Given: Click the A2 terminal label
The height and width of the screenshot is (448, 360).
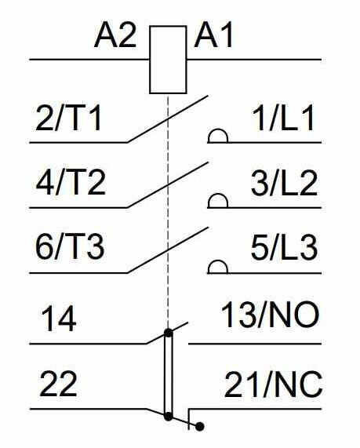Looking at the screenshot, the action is point(115,35).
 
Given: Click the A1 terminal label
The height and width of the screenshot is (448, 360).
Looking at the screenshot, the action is point(213,35).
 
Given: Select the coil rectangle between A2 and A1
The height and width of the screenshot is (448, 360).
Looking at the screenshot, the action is point(169,60).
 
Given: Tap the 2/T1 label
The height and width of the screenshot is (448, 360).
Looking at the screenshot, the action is point(68,118).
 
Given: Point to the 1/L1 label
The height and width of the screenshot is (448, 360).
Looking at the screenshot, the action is point(283,118).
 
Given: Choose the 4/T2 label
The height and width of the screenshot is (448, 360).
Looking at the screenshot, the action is point(71,183).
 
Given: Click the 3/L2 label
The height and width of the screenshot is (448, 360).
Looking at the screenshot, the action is point(284,183).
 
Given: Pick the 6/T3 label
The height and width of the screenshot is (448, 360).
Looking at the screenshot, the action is point(70,247).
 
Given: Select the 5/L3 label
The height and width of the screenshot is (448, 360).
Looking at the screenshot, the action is point(284,247).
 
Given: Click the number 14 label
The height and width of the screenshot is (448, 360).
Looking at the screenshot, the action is point(59,319).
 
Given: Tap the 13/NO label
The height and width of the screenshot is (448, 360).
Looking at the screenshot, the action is point(270,315).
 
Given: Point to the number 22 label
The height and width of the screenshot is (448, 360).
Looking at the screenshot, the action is point(58,384).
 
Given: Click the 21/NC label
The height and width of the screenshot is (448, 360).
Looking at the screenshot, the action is point(274,384).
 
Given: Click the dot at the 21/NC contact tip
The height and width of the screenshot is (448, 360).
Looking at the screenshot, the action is point(200,427).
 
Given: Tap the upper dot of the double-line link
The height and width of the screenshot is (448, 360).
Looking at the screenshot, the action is point(169,333).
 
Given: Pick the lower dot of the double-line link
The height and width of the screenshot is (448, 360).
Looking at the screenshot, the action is point(169,417).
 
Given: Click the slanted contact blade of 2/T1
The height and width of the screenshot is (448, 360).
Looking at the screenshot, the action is point(167,118).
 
